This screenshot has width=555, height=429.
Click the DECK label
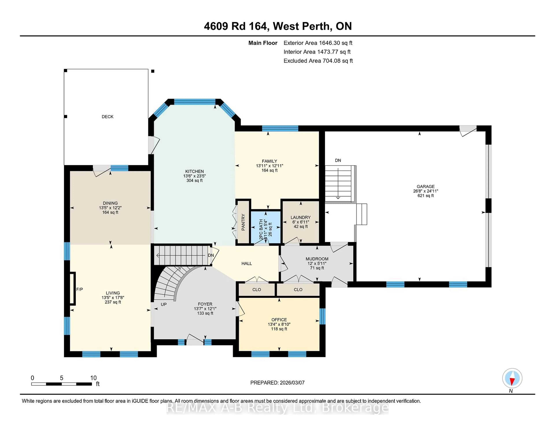[x=108, y=117]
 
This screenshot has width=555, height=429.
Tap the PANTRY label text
[x=243, y=222]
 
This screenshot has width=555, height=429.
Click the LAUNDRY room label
[x=301, y=217]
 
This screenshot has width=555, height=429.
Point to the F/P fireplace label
[x=79, y=289]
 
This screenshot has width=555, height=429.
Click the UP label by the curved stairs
[x=164, y=304]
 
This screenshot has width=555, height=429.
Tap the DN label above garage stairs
[x=338, y=160]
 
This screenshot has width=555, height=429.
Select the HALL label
[x=246, y=263]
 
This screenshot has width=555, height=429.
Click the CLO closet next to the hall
[x=257, y=290]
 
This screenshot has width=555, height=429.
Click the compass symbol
[x=512, y=378]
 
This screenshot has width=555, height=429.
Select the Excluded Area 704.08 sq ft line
[x=318, y=61]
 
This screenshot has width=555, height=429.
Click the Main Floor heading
[x=263, y=43]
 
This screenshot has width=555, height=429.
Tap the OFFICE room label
[x=279, y=320]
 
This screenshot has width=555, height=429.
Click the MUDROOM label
[x=317, y=259]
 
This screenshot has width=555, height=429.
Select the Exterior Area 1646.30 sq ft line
[x=318, y=43]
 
